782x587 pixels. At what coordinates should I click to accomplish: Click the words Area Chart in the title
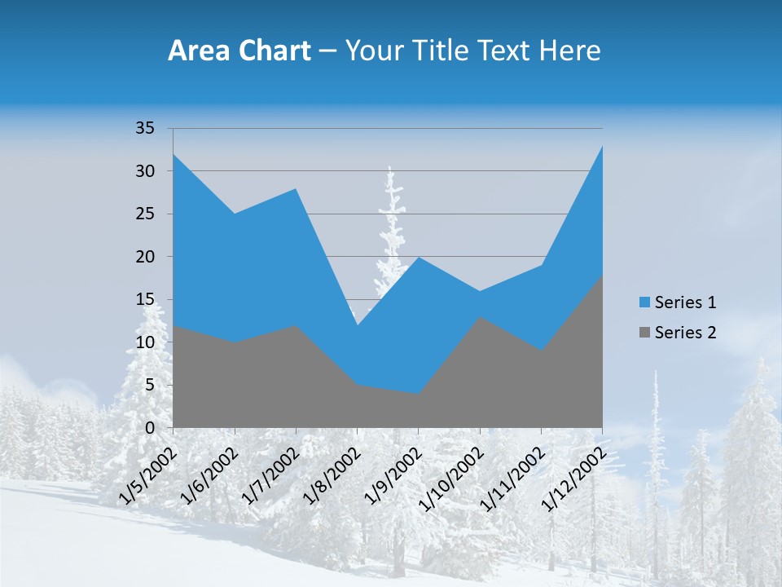pyautogui.click(x=239, y=51)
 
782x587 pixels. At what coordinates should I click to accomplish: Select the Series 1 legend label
pyautogui.click(x=685, y=302)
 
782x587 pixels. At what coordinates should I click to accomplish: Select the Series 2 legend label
pyautogui.click(x=685, y=332)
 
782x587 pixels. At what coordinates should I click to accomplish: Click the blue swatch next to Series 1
pyautogui.click(x=645, y=302)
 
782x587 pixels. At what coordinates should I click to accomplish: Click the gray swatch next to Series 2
pyautogui.click(x=645, y=332)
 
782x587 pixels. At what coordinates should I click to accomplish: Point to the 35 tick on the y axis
pyautogui.click(x=144, y=128)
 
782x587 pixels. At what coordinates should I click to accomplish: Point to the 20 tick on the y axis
pyautogui.click(x=144, y=257)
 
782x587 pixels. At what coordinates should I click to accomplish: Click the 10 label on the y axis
pyautogui.click(x=144, y=342)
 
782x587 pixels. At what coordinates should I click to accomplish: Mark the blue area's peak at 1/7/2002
pyautogui.click(x=296, y=189)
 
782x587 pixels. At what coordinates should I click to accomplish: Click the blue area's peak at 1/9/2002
pyautogui.click(x=419, y=258)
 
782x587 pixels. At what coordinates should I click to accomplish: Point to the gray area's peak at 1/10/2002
pyautogui.click(x=480, y=317)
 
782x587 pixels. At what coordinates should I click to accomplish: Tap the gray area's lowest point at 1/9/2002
pyautogui.click(x=419, y=394)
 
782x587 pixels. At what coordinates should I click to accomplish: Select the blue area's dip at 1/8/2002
pyautogui.click(x=357, y=325)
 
